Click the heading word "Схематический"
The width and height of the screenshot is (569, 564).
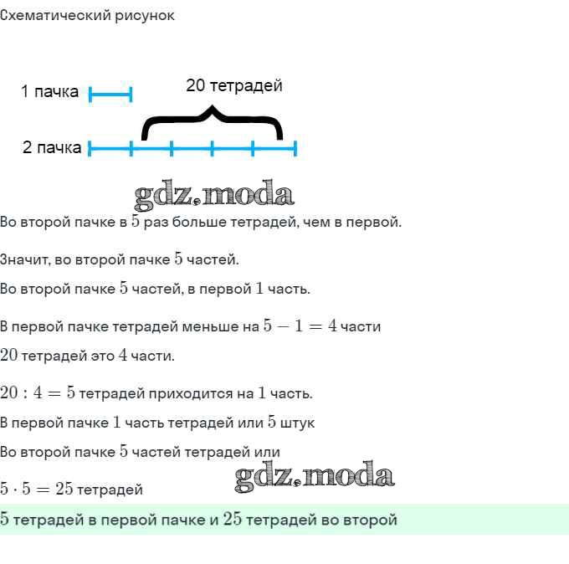[x=55, y=16]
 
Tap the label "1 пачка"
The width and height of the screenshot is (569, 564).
[x=49, y=91]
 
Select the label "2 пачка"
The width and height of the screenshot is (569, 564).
[x=52, y=148]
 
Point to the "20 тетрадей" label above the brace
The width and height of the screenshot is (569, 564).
[x=234, y=85]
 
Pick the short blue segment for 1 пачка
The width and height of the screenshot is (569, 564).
[x=110, y=95]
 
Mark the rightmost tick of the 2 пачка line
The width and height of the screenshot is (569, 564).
[x=295, y=148]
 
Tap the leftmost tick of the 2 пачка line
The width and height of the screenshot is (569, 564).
[x=90, y=148]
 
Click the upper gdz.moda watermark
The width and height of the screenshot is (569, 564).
[x=213, y=195]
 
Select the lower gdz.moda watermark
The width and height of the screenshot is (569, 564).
[x=315, y=476]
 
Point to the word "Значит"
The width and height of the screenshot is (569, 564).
[x=24, y=260]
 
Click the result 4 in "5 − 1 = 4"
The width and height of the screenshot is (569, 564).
[x=332, y=326]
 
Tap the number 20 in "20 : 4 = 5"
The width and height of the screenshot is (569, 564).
[x=8, y=392]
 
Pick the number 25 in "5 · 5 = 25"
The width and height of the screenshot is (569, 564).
[x=64, y=489]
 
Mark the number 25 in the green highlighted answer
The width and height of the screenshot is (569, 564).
[x=233, y=519]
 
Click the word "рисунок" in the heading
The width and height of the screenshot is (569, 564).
[x=145, y=16]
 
